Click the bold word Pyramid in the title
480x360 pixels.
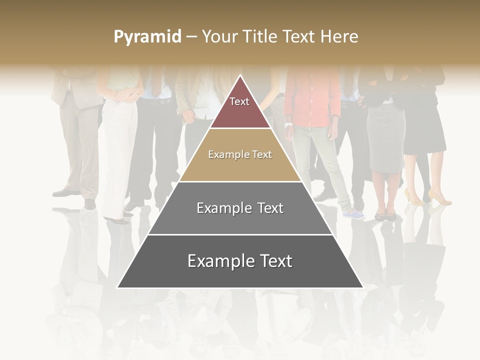pyautogui.click(x=147, y=37)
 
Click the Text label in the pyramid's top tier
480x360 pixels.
pyautogui.click(x=239, y=101)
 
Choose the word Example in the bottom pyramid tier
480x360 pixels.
pyautogui.click(x=219, y=261)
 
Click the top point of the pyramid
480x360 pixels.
pyautogui.click(x=240, y=75)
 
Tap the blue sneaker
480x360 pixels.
pyautogui.click(x=354, y=214)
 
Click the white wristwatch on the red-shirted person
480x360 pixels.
pyautogui.click(x=288, y=124)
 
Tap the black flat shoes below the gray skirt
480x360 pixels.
pyautogui.click(x=385, y=216)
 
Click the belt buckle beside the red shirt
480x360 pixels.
pyautogui.click(x=344, y=105)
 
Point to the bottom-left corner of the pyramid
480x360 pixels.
pyautogui.click(x=117, y=287)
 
